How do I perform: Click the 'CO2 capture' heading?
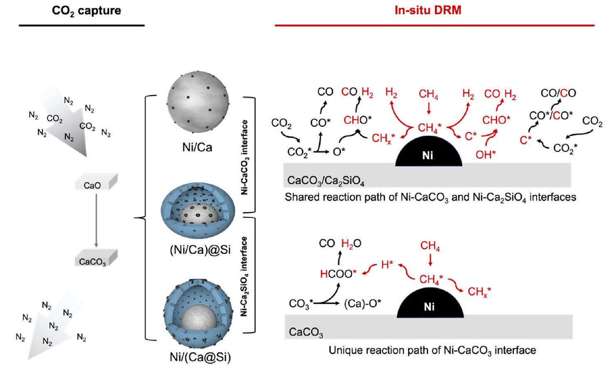[86, 11]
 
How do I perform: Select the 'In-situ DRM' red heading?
[428, 10]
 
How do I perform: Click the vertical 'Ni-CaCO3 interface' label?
[245, 157]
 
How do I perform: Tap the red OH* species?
[486, 154]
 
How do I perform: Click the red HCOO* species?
[338, 273]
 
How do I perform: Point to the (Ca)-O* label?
[363, 304]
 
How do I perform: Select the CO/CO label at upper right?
[558, 93]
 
